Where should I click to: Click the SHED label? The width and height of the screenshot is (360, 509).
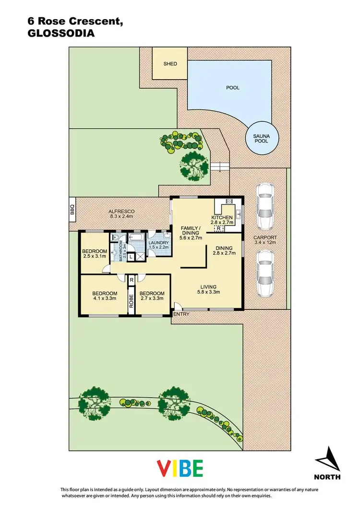pos(170,64)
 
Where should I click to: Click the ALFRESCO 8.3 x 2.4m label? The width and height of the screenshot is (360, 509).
pos(120,214)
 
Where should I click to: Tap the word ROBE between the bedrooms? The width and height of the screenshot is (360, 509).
pos(131,300)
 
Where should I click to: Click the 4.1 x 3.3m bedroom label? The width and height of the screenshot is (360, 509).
pos(105,296)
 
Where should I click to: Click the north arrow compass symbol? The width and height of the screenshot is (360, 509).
pos(328,460)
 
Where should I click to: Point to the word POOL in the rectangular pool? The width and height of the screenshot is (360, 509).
pos(233,88)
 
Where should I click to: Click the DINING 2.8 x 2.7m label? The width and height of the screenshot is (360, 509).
pos(222,250)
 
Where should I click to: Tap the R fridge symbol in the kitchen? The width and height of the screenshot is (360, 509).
pos(219,229)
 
